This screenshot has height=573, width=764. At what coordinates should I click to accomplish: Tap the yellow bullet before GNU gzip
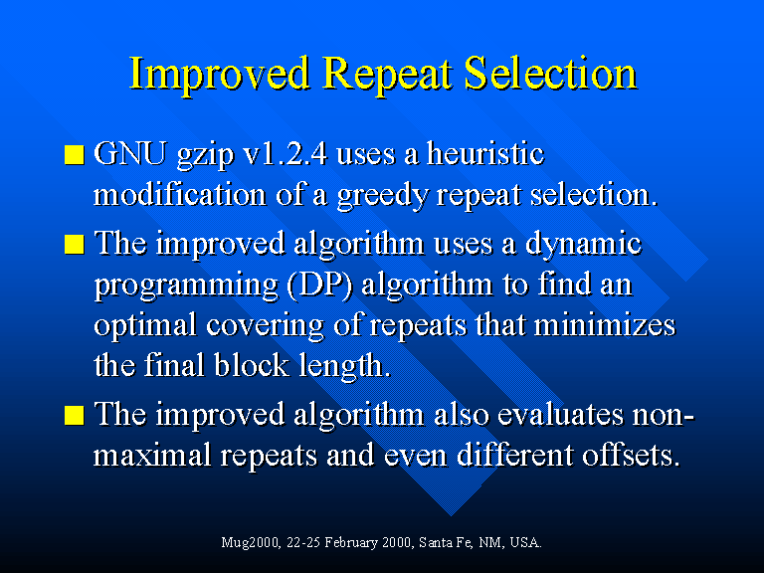(75, 154)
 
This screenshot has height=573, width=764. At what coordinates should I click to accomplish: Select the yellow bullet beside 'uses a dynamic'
(75, 245)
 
